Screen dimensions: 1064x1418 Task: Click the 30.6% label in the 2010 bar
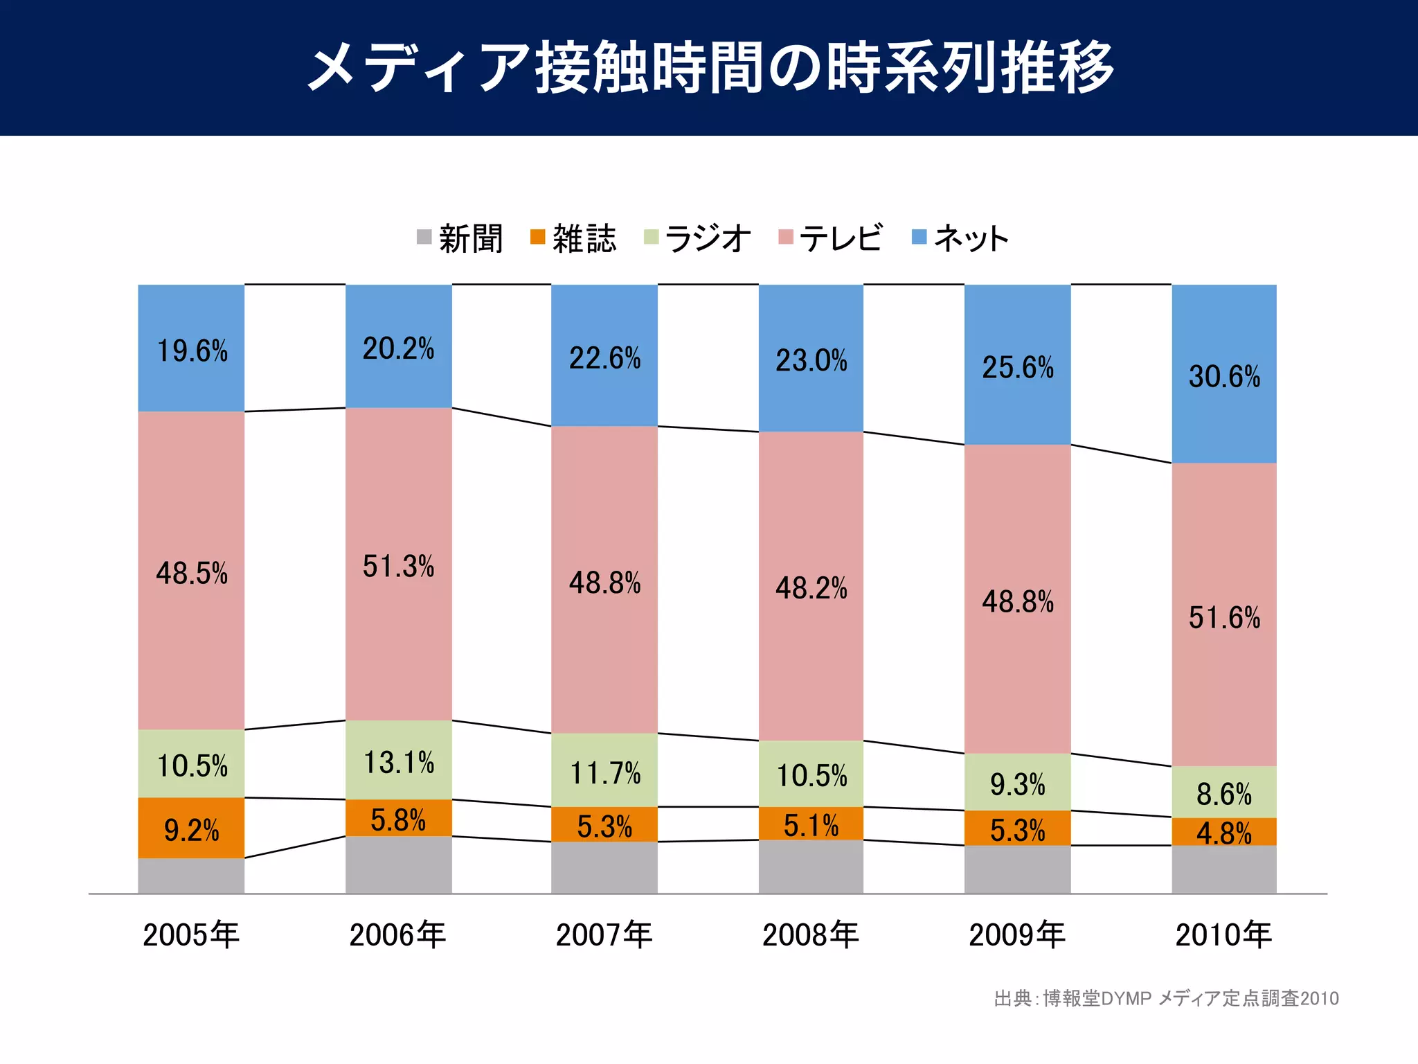[x=1224, y=377]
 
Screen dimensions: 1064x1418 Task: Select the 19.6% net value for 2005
[x=192, y=351]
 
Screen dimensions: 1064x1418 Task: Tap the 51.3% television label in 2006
[x=398, y=567]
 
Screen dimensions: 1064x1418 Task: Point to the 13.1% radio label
[x=399, y=763]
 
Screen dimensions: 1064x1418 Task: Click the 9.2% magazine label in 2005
[x=191, y=830]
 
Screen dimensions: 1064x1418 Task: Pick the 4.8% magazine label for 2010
[x=1224, y=833]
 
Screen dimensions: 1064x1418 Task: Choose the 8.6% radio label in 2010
[x=1224, y=794]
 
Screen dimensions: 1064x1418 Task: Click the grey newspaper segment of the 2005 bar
[x=191, y=876]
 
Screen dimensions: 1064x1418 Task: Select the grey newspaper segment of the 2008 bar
[x=811, y=867]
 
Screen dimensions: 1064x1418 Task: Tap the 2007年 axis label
[x=604, y=935]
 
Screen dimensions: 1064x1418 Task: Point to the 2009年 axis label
[x=1017, y=935]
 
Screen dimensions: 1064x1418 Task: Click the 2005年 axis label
[x=191, y=935]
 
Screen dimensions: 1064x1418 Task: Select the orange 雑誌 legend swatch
[x=537, y=237]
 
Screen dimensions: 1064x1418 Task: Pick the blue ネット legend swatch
[x=919, y=237]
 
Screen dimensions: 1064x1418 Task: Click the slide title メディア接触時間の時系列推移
[x=709, y=68]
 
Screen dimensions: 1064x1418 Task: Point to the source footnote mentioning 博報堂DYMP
[x=1166, y=998]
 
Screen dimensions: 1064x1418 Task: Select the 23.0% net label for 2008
[x=811, y=361]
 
